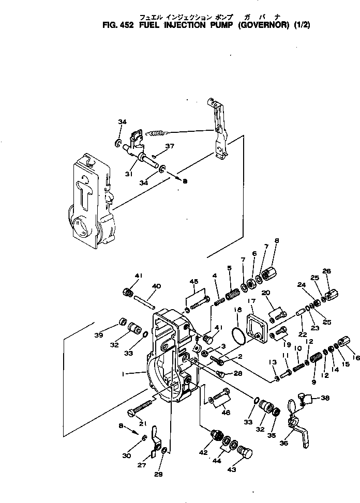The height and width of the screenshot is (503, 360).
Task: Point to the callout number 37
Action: point(169,146)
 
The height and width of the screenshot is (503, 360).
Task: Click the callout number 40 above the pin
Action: point(156,286)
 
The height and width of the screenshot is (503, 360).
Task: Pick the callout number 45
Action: point(194,282)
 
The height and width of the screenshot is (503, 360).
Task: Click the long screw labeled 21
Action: point(141,406)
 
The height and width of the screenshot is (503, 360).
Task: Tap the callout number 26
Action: point(326,271)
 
